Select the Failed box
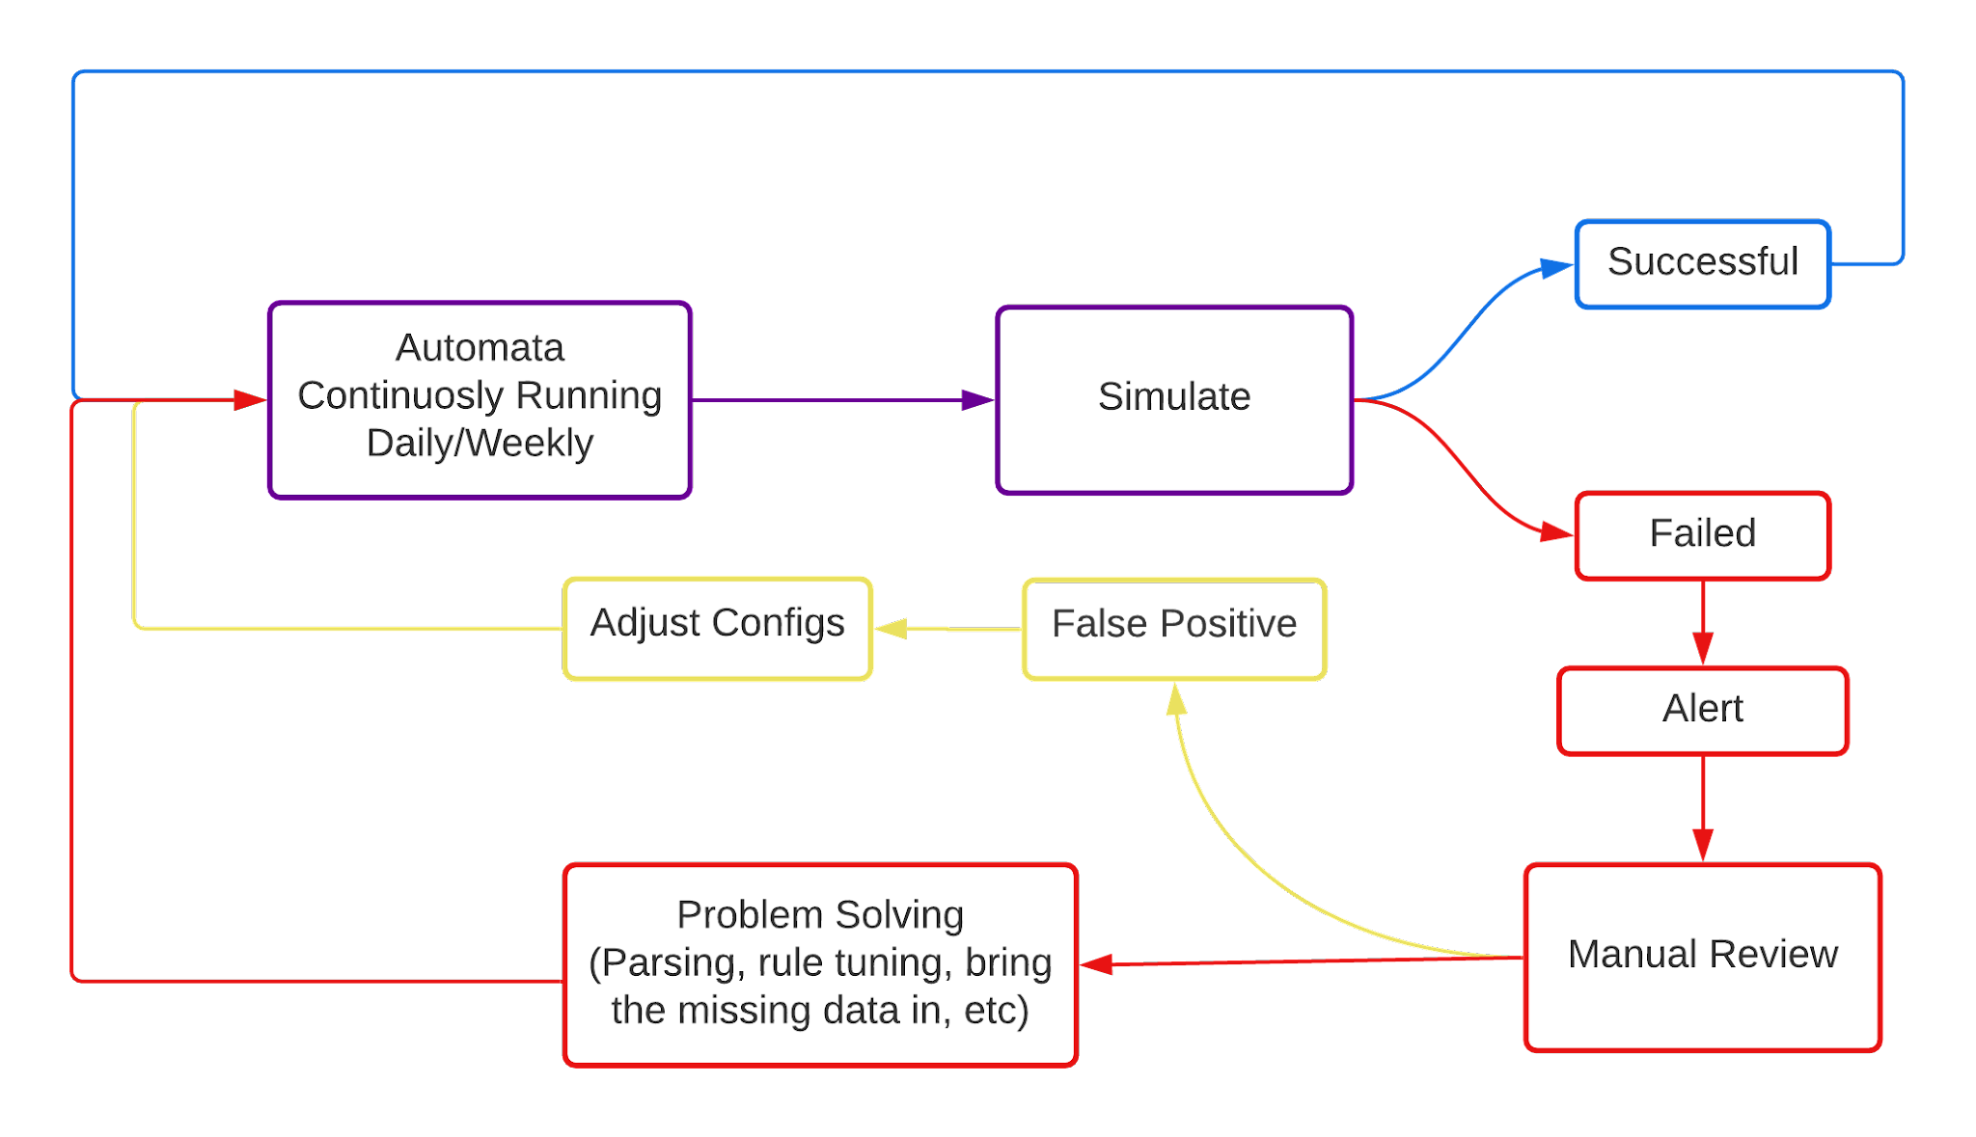pyautogui.click(x=1702, y=535)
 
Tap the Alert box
pyautogui.click(x=1702, y=710)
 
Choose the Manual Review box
pyautogui.click(x=1702, y=956)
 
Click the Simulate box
pyautogui.click(x=1173, y=399)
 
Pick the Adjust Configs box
pyautogui.click(x=718, y=628)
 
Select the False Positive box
pyautogui.click(x=1173, y=628)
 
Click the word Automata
pyautogui.click(x=480, y=348)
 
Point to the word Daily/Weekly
pyautogui.click(x=480, y=444)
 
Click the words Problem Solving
pyautogui.click(x=820, y=915)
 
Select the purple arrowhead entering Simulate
pyautogui.click(x=977, y=400)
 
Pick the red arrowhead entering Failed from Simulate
pyautogui.click(x=1556, y=532)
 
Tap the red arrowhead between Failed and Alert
pyautogui.click(x=1703, y=648)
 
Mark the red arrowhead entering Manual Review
pyautogui.click(x=1703, y=845)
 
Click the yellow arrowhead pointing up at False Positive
pyautogui.click(x=1175, y=699)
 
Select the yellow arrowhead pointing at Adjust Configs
pyautogui.click(x=892, y=629)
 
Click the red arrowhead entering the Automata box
pyautogui.click(x=250, y=399)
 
